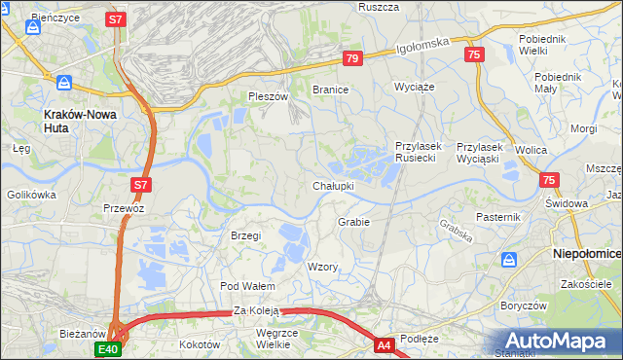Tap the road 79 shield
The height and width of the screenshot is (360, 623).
352,59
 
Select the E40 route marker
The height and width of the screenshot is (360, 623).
107,348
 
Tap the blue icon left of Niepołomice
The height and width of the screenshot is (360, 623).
509,260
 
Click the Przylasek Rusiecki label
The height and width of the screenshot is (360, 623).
419,152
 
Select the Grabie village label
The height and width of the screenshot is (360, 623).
353,222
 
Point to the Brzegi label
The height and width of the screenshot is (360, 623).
245,236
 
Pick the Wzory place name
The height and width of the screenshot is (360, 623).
322,267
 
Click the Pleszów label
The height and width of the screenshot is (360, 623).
269,97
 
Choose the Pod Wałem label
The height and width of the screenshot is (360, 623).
247,286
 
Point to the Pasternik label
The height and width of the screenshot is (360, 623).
499,216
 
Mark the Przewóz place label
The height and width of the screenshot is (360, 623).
124,208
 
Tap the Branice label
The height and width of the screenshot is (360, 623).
330,89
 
